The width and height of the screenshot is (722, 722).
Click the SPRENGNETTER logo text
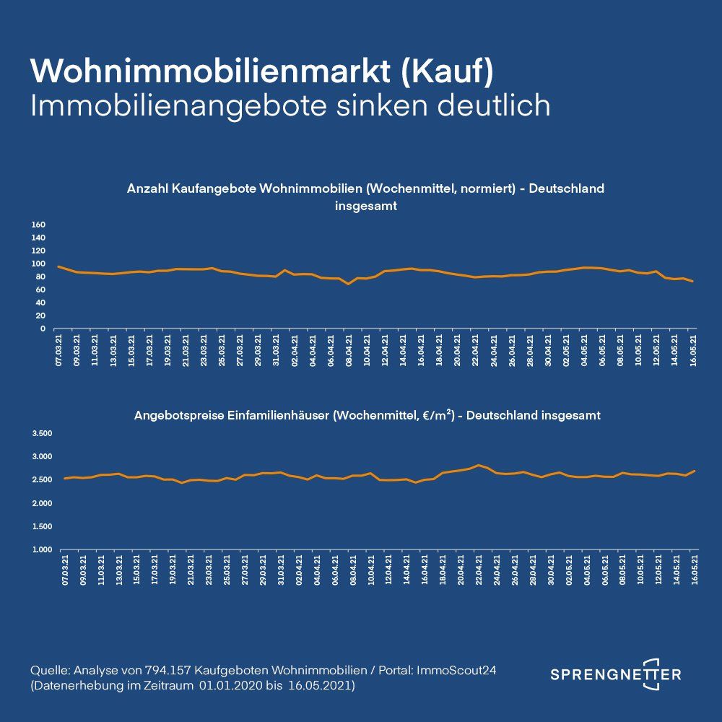click(x=615, y=674)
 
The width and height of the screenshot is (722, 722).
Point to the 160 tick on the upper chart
click(x=39, y=225)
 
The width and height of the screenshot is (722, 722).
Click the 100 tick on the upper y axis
click(x=39, y=264)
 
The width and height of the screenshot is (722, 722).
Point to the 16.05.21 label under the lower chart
click(x=695, y=572)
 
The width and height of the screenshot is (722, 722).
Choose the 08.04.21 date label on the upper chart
click(x=349, y=350)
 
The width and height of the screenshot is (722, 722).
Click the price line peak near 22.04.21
click(x=478, y=465)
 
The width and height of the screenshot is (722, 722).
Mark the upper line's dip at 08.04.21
click(x=349, y=284)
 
